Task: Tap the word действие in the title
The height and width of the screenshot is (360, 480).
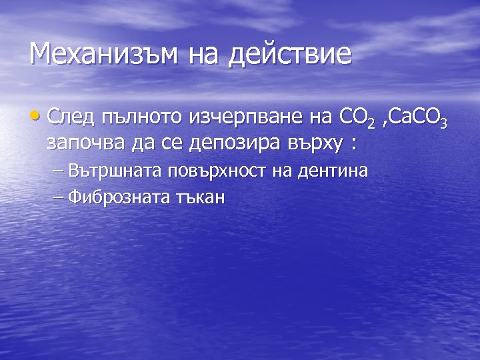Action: pos(289,53)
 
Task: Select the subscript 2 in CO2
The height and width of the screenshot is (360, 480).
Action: pos(371,124)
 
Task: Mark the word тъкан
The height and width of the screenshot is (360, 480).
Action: pos(201,197)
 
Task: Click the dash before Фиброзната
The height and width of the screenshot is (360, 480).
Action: pos(56,197)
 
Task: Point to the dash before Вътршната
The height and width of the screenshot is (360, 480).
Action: pos(56,171)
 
